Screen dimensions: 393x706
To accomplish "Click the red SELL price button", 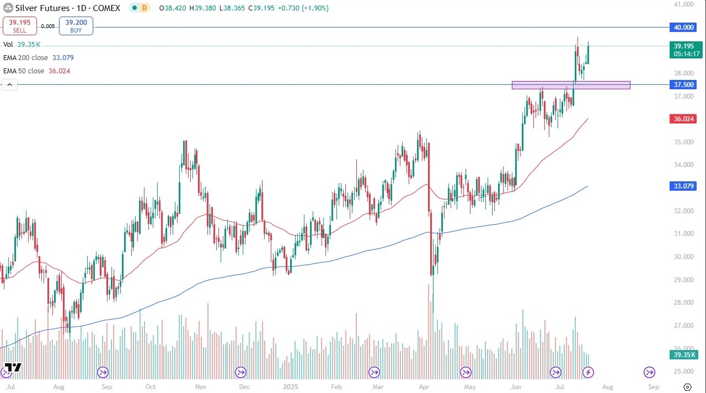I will (x=20, y=26).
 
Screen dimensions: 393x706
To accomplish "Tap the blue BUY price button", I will (x=76, y=26).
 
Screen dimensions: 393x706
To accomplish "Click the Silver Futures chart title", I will (x=43, y=8).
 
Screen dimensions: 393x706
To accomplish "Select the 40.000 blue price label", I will (x=683, y=27).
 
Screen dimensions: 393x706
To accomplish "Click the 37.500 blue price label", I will (x=683, y=84).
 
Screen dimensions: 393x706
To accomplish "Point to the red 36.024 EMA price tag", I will (x=683, y=119).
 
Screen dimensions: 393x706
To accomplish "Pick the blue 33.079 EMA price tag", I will (x=683, y=187).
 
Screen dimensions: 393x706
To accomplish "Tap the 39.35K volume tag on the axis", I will (x=683, y=355).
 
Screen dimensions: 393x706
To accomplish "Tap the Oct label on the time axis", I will (x=150, y=387).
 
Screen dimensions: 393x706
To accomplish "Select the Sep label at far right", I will (x=653, y=387).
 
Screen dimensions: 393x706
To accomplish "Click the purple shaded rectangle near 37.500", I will (x=571, y=85).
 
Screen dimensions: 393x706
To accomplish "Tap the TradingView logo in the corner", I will (x=12, y=368).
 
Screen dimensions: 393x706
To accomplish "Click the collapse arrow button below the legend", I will (x=10, y=84).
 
